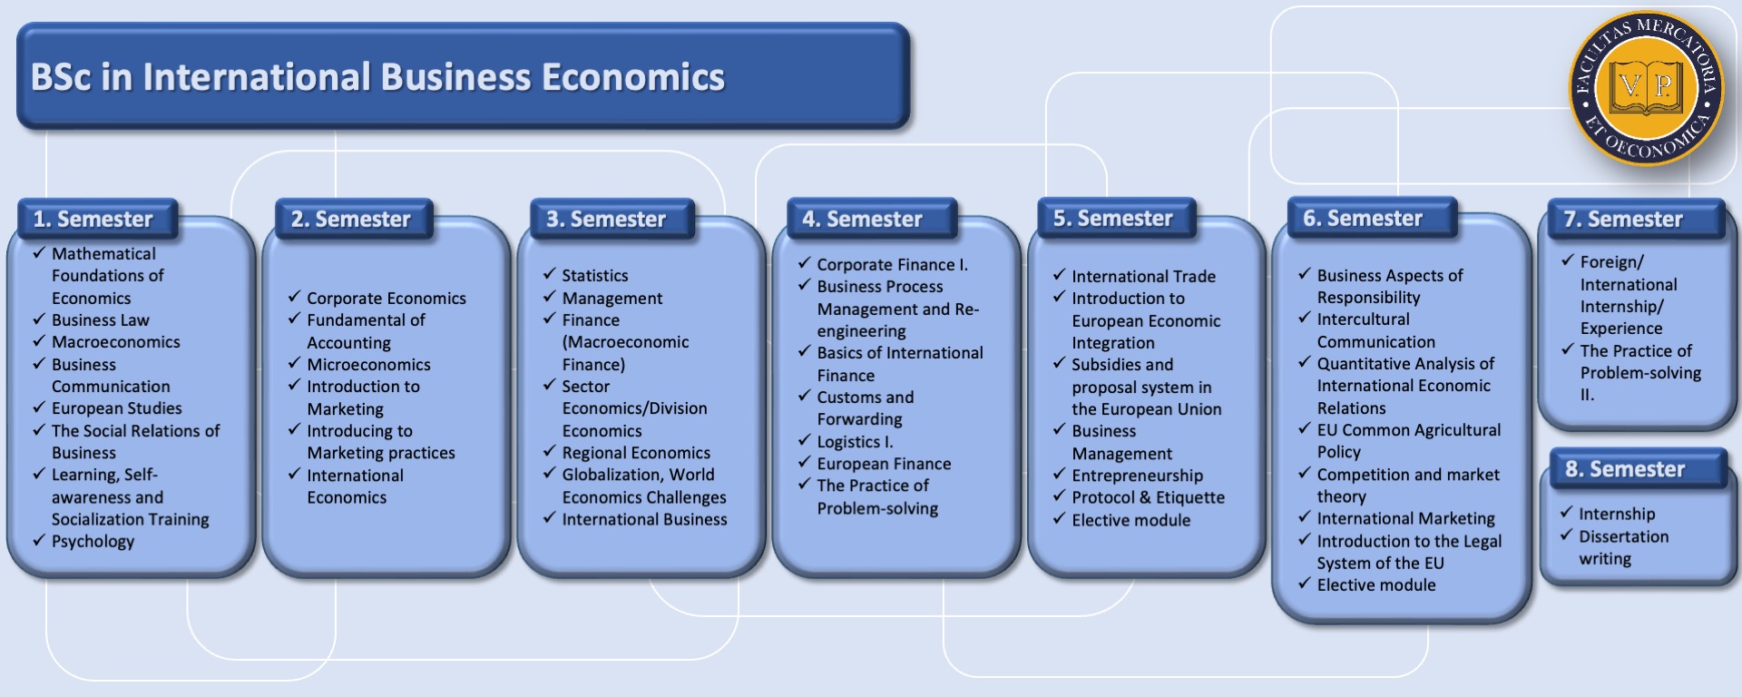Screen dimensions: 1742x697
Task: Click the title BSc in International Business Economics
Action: (377, 77)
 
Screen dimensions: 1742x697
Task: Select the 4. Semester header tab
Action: (871, 219)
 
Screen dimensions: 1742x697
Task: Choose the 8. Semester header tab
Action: (1637, 469)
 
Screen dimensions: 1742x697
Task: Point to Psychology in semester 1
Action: (93, 542)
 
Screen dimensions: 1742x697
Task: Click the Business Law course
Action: (101, 320)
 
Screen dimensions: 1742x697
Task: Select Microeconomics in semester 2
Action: (368, 365)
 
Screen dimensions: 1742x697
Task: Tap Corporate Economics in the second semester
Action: (387, 299)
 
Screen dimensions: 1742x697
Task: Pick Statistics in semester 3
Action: (595, 276)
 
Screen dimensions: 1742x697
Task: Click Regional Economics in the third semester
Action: (636, 453)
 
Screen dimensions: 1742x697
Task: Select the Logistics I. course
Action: (855, 442)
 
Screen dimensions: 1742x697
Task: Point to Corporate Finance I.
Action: (892, 265)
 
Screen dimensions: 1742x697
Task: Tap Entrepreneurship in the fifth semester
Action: (1137, 476)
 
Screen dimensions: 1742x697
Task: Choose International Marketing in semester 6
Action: (1405, 519)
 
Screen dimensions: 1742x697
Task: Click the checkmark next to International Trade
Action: (1059, 274)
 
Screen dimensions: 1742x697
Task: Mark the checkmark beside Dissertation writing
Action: (1566, 535)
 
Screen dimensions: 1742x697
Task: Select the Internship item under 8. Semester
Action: (1617, 515)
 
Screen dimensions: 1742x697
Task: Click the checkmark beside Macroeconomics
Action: (39, 341)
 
